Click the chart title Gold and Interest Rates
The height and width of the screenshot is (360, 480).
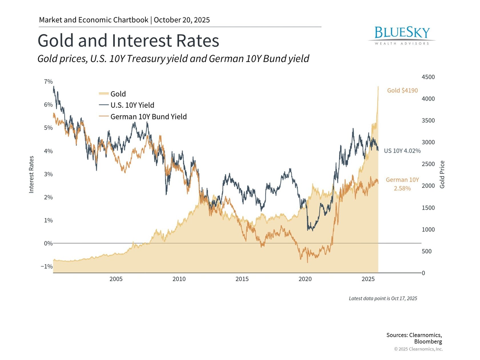click(x=128, y=41)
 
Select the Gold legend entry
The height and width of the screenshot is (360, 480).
click(x=118, y=94)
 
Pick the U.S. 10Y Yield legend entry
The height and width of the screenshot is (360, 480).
click(x=132, y=105)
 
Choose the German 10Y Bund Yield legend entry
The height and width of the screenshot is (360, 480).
click(x=148, y=117)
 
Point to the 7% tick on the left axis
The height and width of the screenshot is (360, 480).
click(x=48, y=82)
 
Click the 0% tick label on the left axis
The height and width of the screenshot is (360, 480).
click(x=48, y=243)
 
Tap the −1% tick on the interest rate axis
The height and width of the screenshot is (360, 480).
click(x=47, y=267)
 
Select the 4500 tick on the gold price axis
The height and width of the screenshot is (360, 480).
click(x=428, y=77)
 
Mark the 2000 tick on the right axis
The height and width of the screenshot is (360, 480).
click(x=428, y=186)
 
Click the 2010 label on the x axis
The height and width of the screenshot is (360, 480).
click(x=179, y=279)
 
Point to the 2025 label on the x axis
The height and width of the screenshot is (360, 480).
click(x=368, y=279)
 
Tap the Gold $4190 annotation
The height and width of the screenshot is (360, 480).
click(x=402, y=91)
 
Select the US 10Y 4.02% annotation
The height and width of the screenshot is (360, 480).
click(x=402, y=151)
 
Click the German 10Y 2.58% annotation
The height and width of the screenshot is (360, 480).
click(x=402, y=184)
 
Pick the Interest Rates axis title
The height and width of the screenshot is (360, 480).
click(x=31, y=174)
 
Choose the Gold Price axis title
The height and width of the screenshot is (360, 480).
click(x=442, y=174)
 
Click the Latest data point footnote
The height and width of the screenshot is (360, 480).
click(x=383, y=299)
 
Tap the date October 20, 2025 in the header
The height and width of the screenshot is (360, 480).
click(x=182, y=20)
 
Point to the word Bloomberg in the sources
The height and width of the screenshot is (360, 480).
click(x=428, y=342)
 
